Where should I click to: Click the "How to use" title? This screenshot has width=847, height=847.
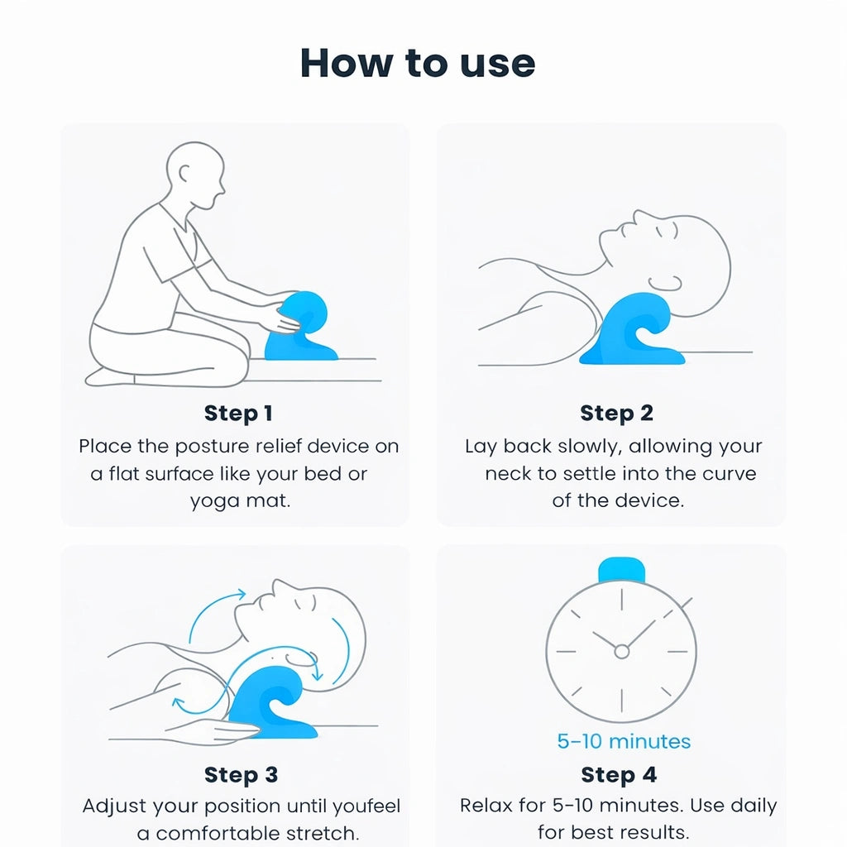418,63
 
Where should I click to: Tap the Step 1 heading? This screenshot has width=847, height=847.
238,414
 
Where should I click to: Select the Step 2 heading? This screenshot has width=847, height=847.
616,414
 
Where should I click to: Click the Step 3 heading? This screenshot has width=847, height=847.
241,774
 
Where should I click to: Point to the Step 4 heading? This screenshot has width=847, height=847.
619,774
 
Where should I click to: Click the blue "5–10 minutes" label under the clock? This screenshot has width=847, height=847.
624,741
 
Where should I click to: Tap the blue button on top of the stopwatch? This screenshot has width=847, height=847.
621,570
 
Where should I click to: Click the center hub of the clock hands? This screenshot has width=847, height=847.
622,652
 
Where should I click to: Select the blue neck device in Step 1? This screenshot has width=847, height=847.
299,327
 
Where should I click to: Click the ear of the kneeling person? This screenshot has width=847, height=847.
184,174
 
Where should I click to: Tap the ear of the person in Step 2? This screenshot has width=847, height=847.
665,284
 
